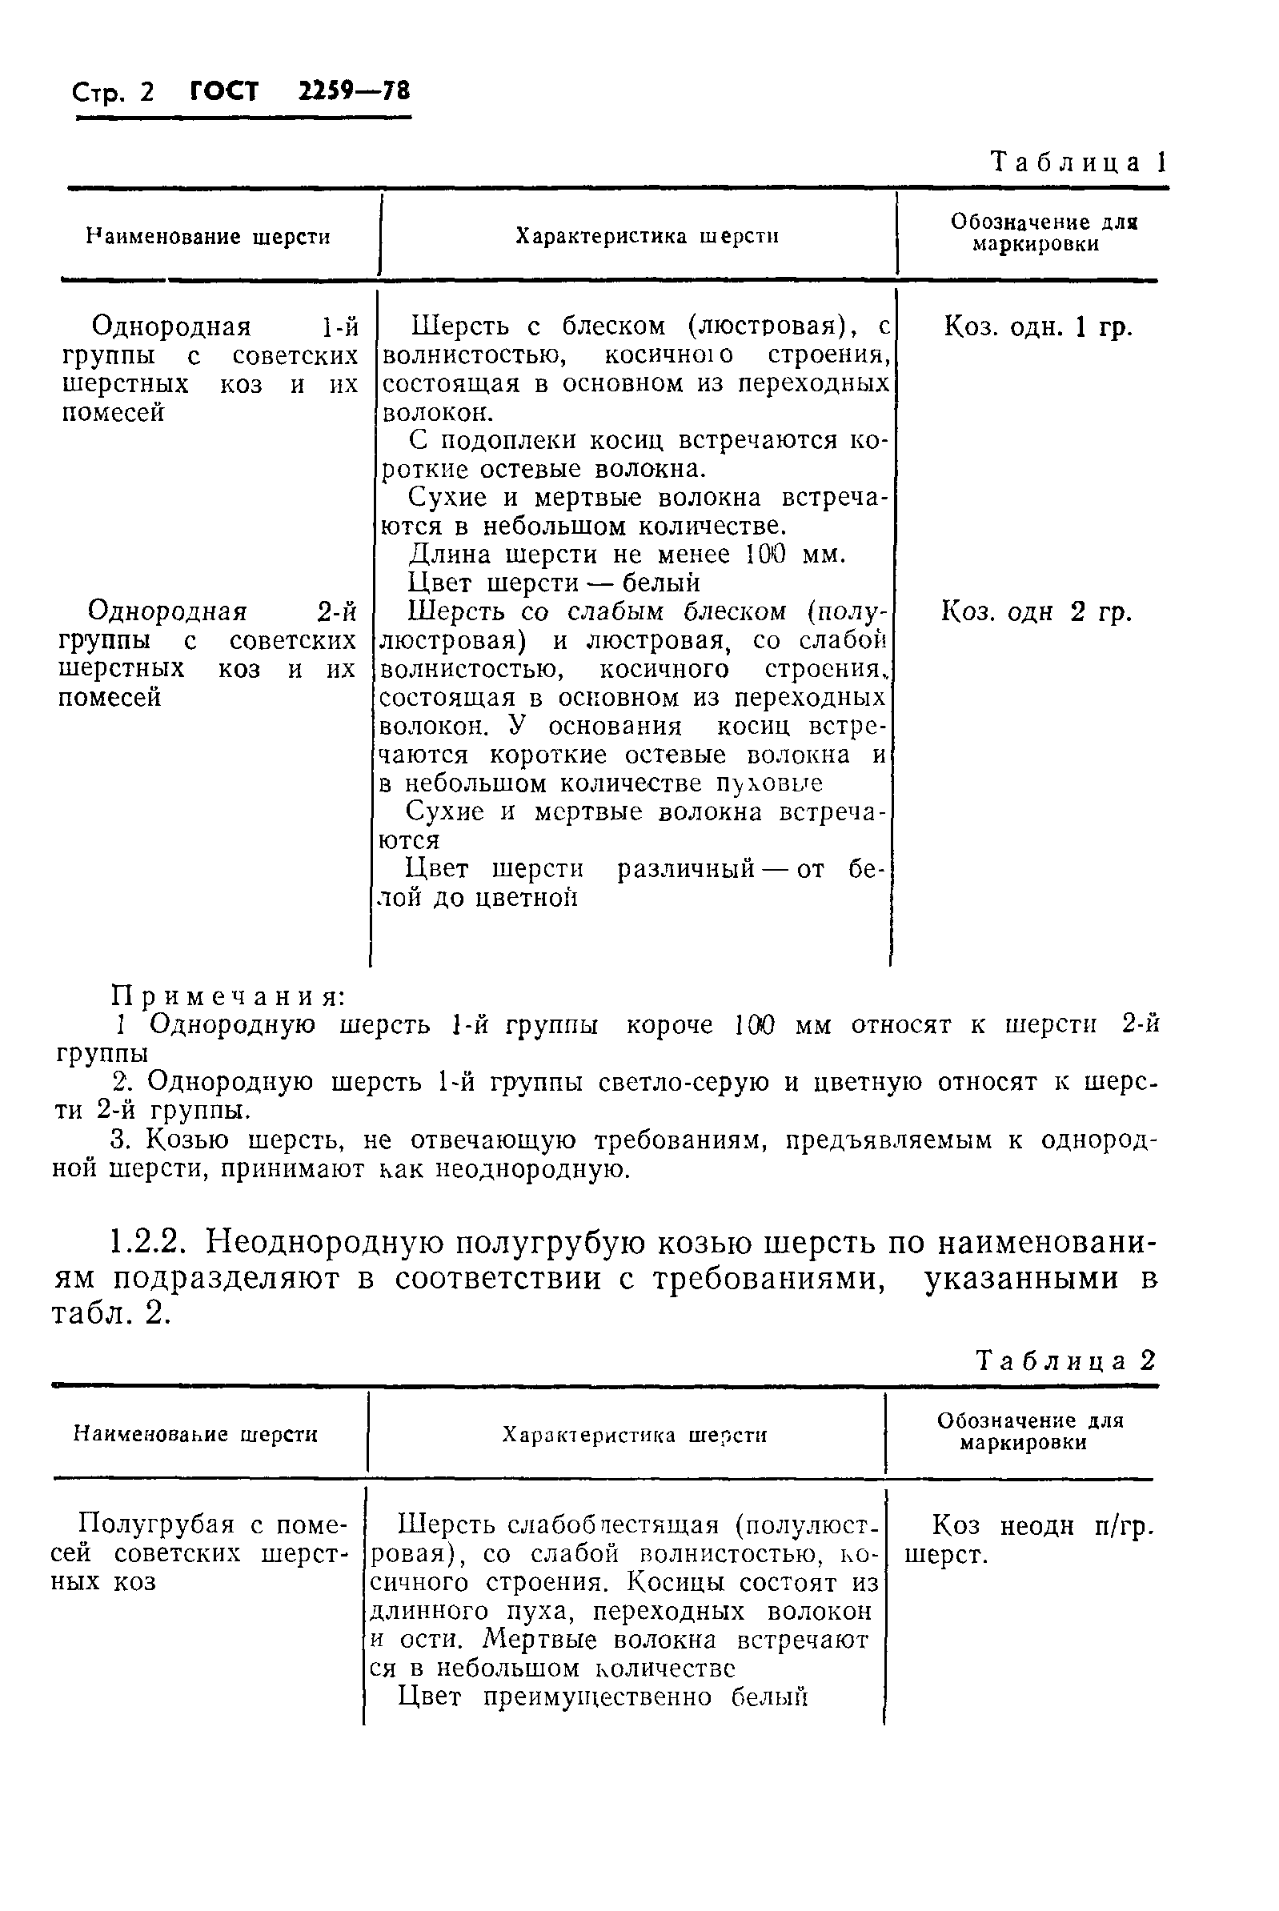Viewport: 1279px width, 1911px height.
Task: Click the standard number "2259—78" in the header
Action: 353,90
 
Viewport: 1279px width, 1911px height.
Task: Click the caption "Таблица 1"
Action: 1078,162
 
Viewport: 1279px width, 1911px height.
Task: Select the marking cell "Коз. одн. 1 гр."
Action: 1038,327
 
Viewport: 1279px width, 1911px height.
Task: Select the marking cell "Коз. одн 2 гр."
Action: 1036,611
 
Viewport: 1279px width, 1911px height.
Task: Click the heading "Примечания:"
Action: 229,996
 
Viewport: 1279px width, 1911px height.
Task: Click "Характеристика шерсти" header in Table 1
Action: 647,237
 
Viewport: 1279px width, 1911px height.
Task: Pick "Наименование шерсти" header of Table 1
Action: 209,238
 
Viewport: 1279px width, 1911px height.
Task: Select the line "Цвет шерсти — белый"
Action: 553,583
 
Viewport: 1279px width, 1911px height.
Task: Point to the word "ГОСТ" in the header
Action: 223,90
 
